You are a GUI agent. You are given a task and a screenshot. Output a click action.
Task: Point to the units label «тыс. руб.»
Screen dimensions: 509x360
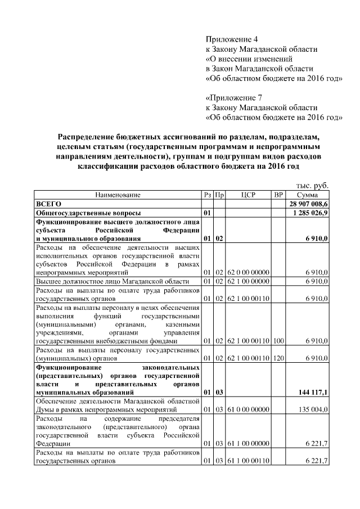click(312, 185)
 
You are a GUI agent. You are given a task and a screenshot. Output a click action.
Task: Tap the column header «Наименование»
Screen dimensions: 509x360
click(118, 195)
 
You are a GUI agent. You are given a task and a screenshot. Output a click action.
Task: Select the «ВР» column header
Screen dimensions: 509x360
click(278, 195)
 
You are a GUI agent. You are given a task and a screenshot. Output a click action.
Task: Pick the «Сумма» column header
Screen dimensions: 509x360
click(309, 195)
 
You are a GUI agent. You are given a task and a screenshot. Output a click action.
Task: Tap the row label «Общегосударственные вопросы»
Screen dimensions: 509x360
click(88, 214)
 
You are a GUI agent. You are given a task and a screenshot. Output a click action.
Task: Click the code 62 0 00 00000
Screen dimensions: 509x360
click(248, 272)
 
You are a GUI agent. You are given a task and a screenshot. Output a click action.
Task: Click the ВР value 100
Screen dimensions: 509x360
click(278, 341)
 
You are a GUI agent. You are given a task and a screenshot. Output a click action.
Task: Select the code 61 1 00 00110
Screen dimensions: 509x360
click(248, 461)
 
